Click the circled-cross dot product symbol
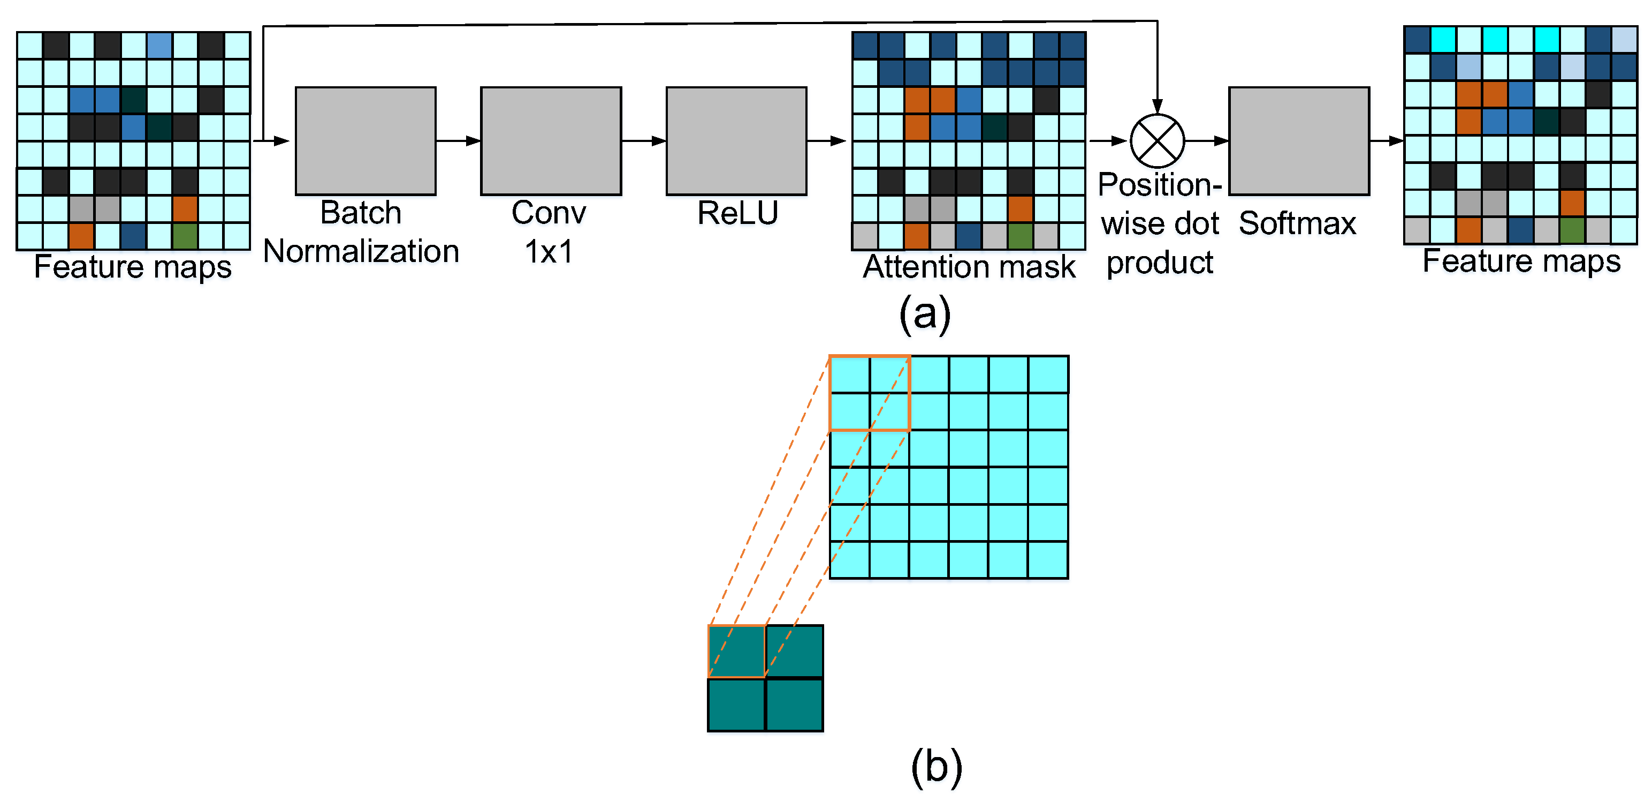point(1157,140)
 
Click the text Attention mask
point(969,266)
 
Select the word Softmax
point(1297,223)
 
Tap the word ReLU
point(737,213)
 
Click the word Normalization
point(361,251)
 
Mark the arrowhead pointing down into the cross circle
point(1157,106)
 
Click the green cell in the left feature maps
point(185,236)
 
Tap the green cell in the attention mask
point(1019,236)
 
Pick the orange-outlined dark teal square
point(736,652)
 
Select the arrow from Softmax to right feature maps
point(1387,140)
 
